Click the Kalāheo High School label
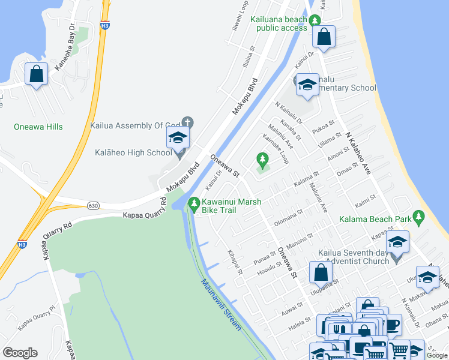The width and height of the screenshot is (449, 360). [x=133, y=152]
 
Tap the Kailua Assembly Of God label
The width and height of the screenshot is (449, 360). [x=135, y=125]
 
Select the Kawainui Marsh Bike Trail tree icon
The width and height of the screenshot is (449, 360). [x=193, y=204]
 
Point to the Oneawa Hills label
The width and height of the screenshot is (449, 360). [x=38, y=127]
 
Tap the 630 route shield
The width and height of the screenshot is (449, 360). [x=92, y=205]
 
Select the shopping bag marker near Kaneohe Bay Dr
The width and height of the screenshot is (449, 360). [x=37, y=74]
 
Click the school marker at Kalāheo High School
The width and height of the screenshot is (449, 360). [x=178, y=139]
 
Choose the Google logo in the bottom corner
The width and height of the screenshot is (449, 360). [x=20, y=353]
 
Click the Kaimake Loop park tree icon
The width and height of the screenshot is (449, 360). [x=262, y=160]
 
